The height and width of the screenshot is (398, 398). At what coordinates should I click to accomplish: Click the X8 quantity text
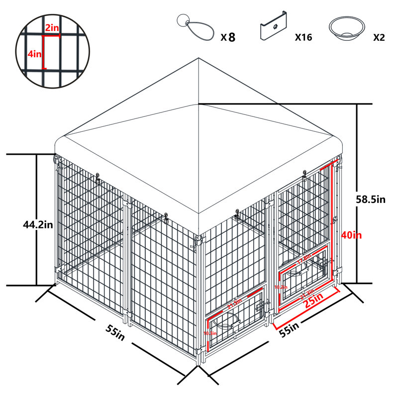pos(228,37)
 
